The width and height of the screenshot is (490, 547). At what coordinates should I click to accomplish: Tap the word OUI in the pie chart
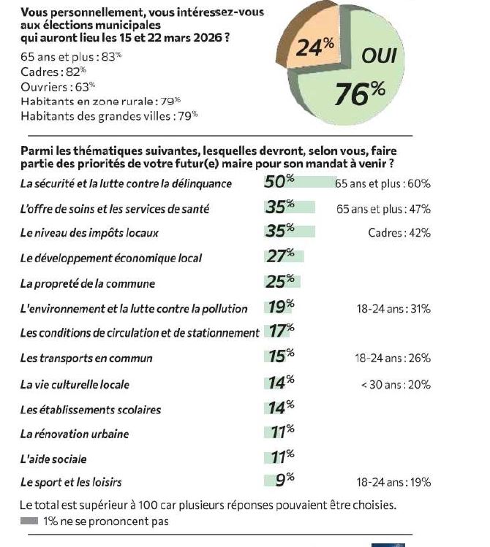click(x=379, y=56)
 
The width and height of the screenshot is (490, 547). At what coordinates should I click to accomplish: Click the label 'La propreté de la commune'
click(x=87, y=283)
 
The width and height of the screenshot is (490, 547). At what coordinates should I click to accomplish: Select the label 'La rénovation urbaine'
click(x=74, y=434)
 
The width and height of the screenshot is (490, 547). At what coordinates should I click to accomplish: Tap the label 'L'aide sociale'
click(x=53, y=459)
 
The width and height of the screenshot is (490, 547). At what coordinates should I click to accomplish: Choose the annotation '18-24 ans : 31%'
click(x=393, y=309)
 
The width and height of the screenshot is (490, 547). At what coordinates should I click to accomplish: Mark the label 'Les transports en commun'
click(x=86, y=359)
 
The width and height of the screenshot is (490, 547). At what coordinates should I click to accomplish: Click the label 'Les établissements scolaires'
click(x=90, y=410)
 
